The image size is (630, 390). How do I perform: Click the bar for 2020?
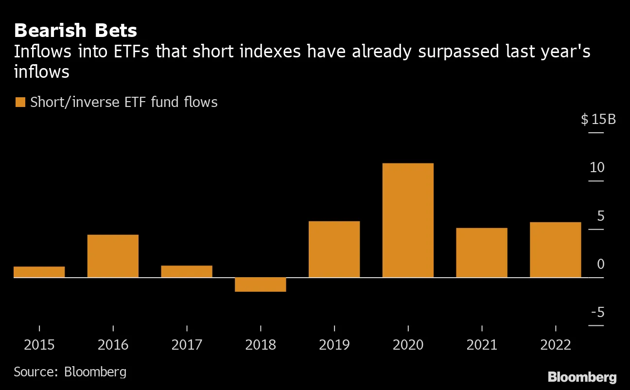408,220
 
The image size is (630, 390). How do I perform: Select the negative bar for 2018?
260,284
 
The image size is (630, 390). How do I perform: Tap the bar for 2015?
39,272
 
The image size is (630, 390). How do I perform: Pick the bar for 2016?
113,256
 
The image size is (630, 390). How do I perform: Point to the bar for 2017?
187,271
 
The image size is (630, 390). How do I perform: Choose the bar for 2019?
334,249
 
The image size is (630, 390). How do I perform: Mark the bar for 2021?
481,253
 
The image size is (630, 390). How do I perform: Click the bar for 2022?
555,250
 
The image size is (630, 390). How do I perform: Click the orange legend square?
20,103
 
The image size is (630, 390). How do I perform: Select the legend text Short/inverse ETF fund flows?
123,103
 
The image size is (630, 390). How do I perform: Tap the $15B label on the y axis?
598,119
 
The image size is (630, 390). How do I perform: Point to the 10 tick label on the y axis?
597,168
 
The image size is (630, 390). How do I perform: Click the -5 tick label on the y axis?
597,312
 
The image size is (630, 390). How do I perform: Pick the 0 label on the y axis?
600,264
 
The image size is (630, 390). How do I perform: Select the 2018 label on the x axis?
260,345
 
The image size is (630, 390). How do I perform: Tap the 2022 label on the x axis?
555,345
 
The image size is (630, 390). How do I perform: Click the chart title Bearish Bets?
75,31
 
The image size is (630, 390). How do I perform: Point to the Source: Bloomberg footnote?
70,372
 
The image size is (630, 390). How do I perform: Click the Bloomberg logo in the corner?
582,377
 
